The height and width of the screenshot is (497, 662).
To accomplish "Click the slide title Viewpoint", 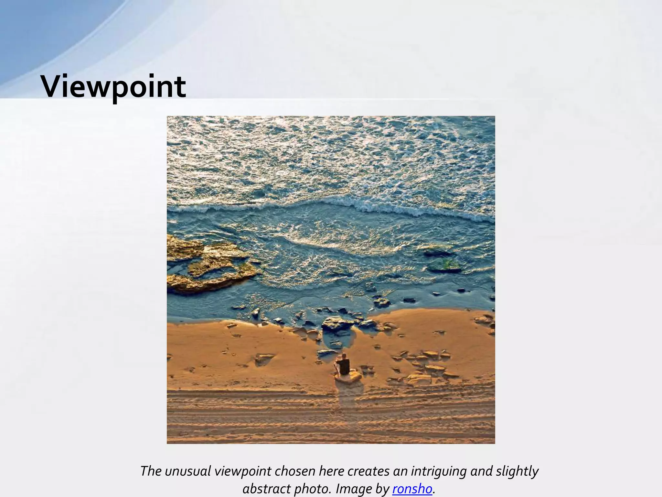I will point(113,87).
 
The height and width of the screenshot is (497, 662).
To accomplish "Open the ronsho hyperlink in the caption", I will point(412,489).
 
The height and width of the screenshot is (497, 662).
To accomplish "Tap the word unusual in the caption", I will point(187,471).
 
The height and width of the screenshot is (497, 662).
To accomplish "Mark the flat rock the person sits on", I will point(349,377).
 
